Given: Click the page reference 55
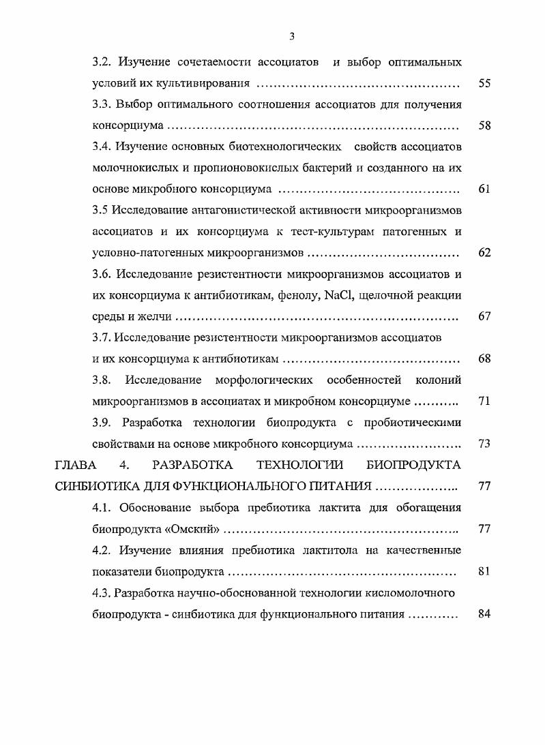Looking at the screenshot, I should point(484,84).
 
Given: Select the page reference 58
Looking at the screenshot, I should point(484,126).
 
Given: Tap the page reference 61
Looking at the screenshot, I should point(484,189).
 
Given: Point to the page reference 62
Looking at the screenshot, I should point(484,253).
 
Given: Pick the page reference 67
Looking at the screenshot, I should point(484,316).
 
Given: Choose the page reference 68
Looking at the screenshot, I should point(484,359).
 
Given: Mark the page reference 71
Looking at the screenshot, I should point(484,401).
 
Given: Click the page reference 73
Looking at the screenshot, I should point(484,444).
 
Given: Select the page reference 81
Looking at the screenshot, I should point(484,571).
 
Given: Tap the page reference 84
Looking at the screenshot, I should point(484,613).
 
